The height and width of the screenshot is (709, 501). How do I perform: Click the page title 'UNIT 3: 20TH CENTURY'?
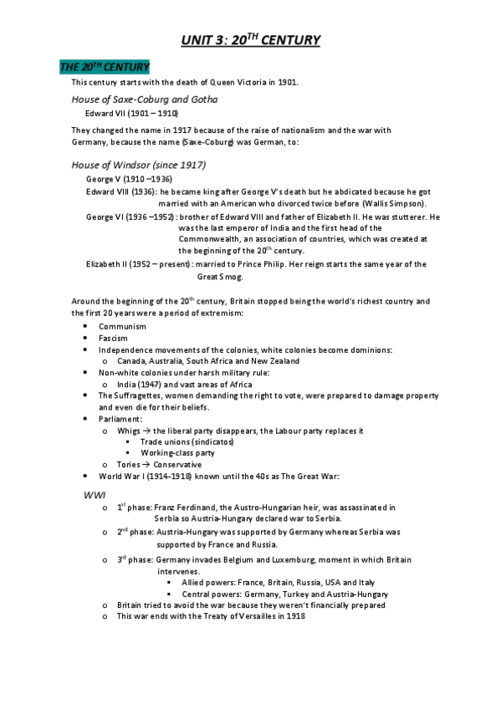251,39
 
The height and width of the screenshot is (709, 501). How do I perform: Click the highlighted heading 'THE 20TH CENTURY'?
105,66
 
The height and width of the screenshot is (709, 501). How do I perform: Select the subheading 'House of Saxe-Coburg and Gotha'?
145,99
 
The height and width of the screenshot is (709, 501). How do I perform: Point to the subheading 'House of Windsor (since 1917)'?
139,165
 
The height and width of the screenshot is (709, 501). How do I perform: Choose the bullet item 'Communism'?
122,326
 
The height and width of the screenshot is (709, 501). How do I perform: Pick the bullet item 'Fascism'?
114,338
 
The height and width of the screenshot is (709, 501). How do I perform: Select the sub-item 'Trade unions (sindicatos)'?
187,441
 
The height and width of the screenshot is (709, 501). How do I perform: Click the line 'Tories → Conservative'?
160,465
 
